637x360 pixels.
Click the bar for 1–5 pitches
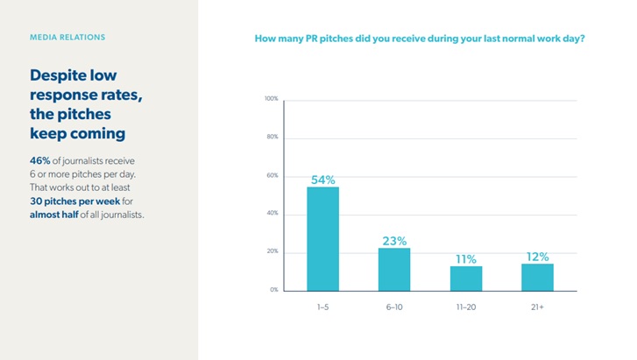322,238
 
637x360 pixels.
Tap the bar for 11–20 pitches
466,278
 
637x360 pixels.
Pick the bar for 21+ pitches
537,277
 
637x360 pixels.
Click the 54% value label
322,180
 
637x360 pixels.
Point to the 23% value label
394,241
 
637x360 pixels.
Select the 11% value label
466,259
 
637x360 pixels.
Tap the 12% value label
537,257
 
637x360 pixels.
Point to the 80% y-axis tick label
272,138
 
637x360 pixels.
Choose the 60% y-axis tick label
272,175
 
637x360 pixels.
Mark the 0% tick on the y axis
273,290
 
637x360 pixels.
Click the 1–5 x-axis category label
322,308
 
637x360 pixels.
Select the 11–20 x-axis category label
466,308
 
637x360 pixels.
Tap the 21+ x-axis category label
537,308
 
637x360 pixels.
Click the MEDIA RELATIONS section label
67,38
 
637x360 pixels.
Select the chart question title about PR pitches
420,39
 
